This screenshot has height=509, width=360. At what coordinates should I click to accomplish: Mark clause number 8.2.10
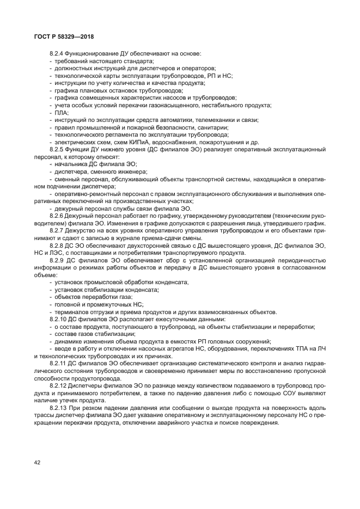point(59,319)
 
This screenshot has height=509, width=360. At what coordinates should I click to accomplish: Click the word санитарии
point(188,127)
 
